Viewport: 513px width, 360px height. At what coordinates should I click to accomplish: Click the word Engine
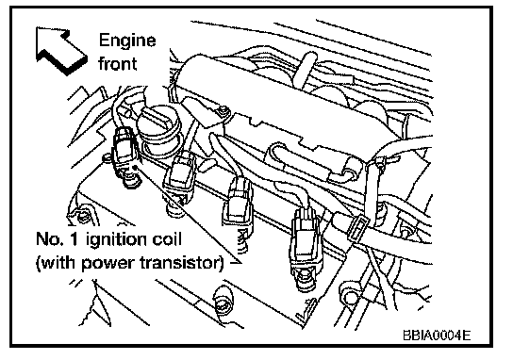(x=127, y=41)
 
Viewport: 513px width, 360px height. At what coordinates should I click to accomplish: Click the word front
(x=118, y=63)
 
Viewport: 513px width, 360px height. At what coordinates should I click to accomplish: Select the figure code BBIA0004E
(x=437, y=335)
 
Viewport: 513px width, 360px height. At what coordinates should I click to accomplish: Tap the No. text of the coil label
(x=49, y=239)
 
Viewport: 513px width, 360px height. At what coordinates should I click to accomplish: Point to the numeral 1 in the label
(x=74, y=239)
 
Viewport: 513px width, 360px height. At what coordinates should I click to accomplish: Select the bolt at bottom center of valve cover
(x=223, y=302)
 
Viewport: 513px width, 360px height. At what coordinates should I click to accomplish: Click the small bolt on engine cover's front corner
(x=223, y=110)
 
